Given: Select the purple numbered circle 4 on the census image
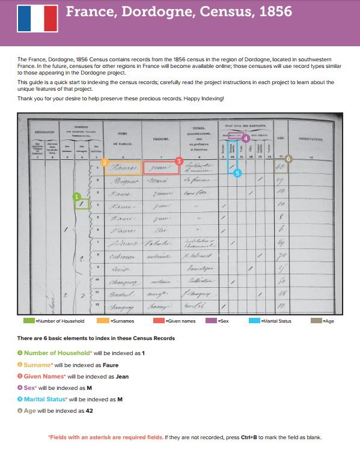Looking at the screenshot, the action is (x=246, y=138).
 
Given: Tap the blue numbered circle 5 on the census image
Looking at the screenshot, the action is (x=237, y=173).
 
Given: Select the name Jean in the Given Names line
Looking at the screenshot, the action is (x=122, y=376).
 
